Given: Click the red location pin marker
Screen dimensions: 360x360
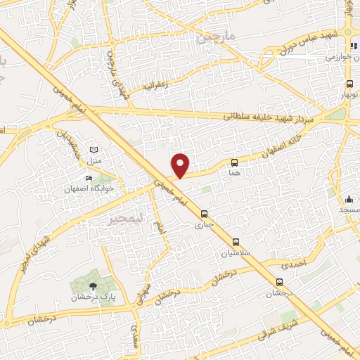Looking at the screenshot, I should click(x=181, y=165).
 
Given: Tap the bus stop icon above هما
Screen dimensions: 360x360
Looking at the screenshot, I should click(x=234, y=162).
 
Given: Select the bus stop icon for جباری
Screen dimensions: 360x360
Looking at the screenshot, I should click(x=204, y=214).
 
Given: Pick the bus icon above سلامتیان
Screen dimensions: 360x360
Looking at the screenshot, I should click(x=236, y=241).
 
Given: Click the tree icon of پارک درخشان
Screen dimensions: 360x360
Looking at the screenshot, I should click(x=93, y=285).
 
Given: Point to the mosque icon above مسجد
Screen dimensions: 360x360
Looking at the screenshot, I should click(x=349, y=199).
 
